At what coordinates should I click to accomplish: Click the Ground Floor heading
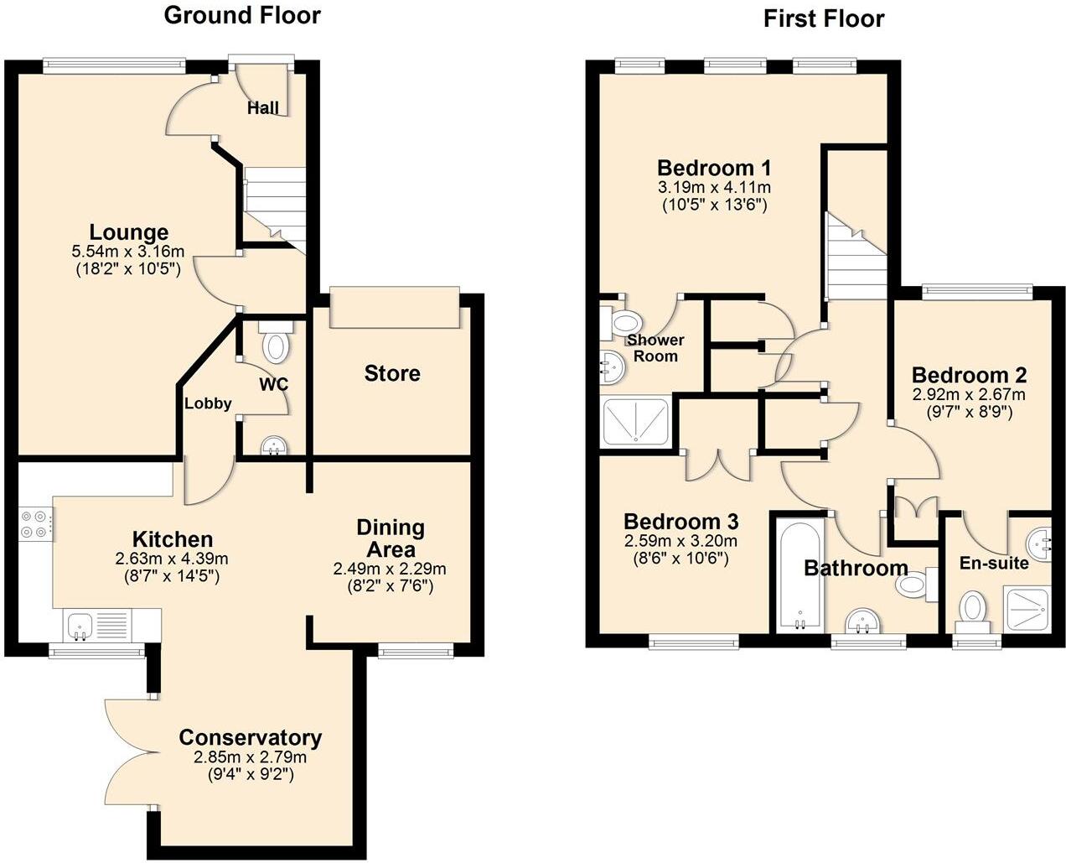click(241, 15)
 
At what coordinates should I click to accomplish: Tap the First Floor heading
click(823, 18)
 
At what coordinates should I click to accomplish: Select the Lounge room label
click(129, 232)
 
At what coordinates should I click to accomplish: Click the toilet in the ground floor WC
click(276, 342)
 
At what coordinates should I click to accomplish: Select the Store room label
click(392, 373)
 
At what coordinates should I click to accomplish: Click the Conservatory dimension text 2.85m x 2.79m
click(250, 757)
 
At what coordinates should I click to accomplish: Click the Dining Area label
click(391, 538)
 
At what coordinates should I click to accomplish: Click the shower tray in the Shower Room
click(636, 421)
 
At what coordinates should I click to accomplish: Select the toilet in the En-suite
click(971, 609)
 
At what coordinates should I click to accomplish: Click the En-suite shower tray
click(1028, 610)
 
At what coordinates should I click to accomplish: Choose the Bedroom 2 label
click(968, 375)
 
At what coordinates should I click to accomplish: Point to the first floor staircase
click(856, 259)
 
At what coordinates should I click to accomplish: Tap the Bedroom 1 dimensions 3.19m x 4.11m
click(714, 187)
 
